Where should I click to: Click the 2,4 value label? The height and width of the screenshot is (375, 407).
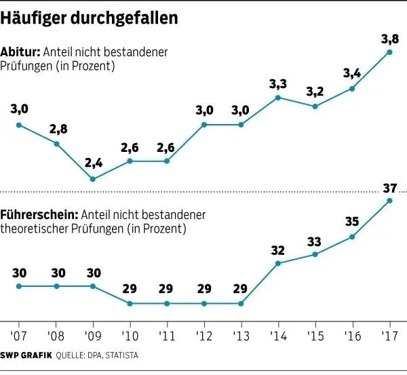94,164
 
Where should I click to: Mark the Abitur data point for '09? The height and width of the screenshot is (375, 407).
93,179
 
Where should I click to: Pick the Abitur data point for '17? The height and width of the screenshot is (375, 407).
389,52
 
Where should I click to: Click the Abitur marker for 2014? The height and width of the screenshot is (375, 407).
278,97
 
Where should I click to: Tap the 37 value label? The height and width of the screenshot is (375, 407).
389,186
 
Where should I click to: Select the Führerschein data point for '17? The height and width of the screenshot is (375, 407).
389,200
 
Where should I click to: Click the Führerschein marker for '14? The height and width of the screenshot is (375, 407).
278,262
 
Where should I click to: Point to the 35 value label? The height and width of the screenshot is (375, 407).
352,222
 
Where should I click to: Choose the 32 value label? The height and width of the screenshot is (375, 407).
278,249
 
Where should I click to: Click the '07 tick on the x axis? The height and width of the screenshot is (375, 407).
18,336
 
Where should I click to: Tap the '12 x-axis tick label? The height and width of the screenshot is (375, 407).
204,336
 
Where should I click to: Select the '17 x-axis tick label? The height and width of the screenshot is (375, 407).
389,336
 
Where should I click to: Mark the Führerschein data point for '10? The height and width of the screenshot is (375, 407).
130,303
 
